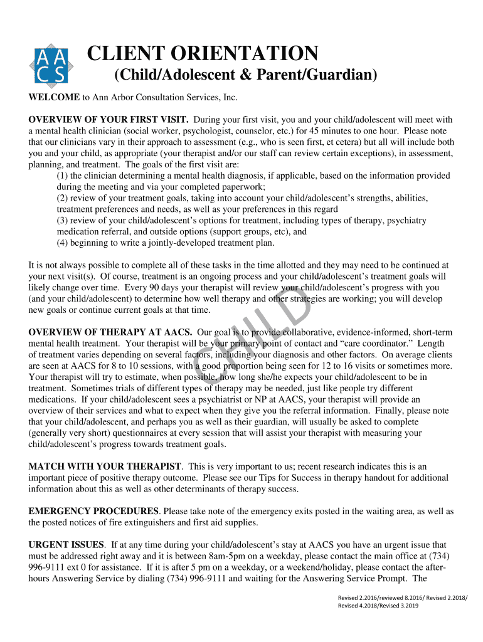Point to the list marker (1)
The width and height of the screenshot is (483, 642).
coord(62,176)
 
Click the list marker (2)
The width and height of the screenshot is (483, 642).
coord(62,198)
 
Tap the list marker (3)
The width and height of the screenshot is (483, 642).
coord(62,221)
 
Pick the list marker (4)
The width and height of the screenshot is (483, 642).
coord(62,243)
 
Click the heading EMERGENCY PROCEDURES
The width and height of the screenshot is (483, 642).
coord(93,512)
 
